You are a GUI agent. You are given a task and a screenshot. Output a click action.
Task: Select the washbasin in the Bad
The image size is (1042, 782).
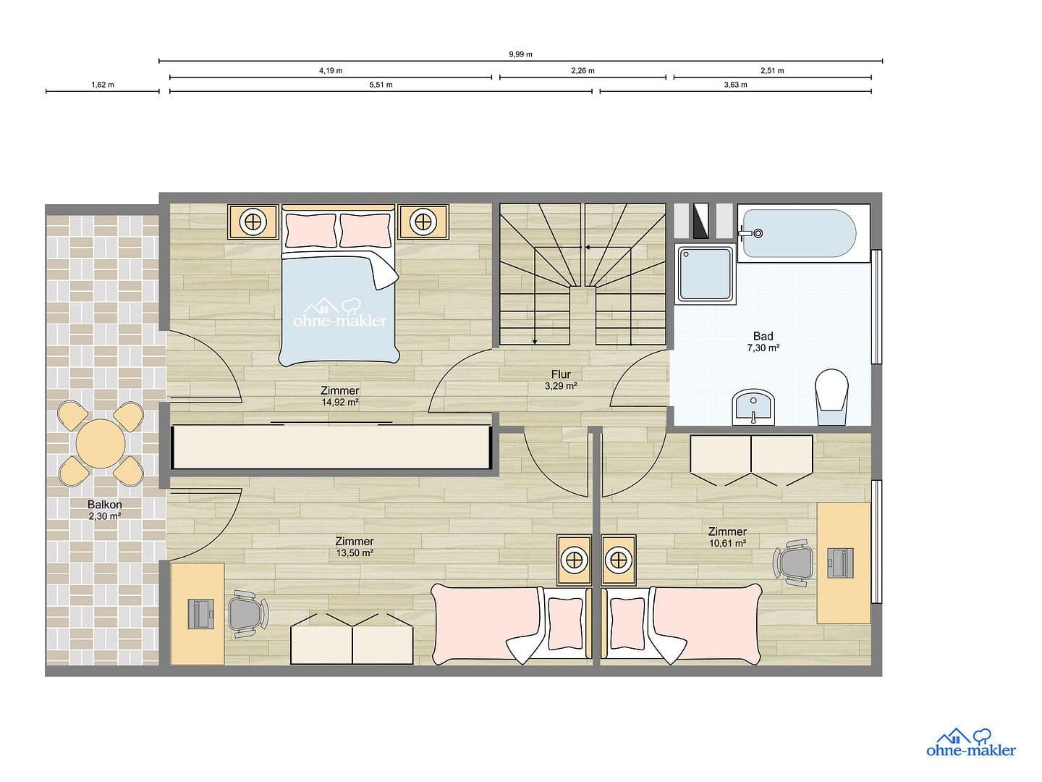753,408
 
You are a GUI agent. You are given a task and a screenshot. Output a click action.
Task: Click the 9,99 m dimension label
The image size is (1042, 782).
520,54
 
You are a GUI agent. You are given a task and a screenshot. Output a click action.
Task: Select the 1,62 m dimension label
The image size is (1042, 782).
102,85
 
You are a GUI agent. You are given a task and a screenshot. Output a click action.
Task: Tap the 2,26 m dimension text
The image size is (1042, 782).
583,70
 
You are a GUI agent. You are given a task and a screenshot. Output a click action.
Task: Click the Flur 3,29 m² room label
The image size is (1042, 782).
561,380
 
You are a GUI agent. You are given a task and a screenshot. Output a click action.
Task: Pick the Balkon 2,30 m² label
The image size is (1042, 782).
104,510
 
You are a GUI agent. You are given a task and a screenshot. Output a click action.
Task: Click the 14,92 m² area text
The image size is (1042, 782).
340,402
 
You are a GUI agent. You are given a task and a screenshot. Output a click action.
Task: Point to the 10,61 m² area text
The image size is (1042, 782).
727,542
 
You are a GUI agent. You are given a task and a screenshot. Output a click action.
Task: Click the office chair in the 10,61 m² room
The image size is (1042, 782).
792,561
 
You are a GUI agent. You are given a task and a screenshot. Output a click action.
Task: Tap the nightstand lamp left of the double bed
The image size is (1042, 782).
253,222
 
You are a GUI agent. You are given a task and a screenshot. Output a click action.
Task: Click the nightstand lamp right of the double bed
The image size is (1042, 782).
423,222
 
